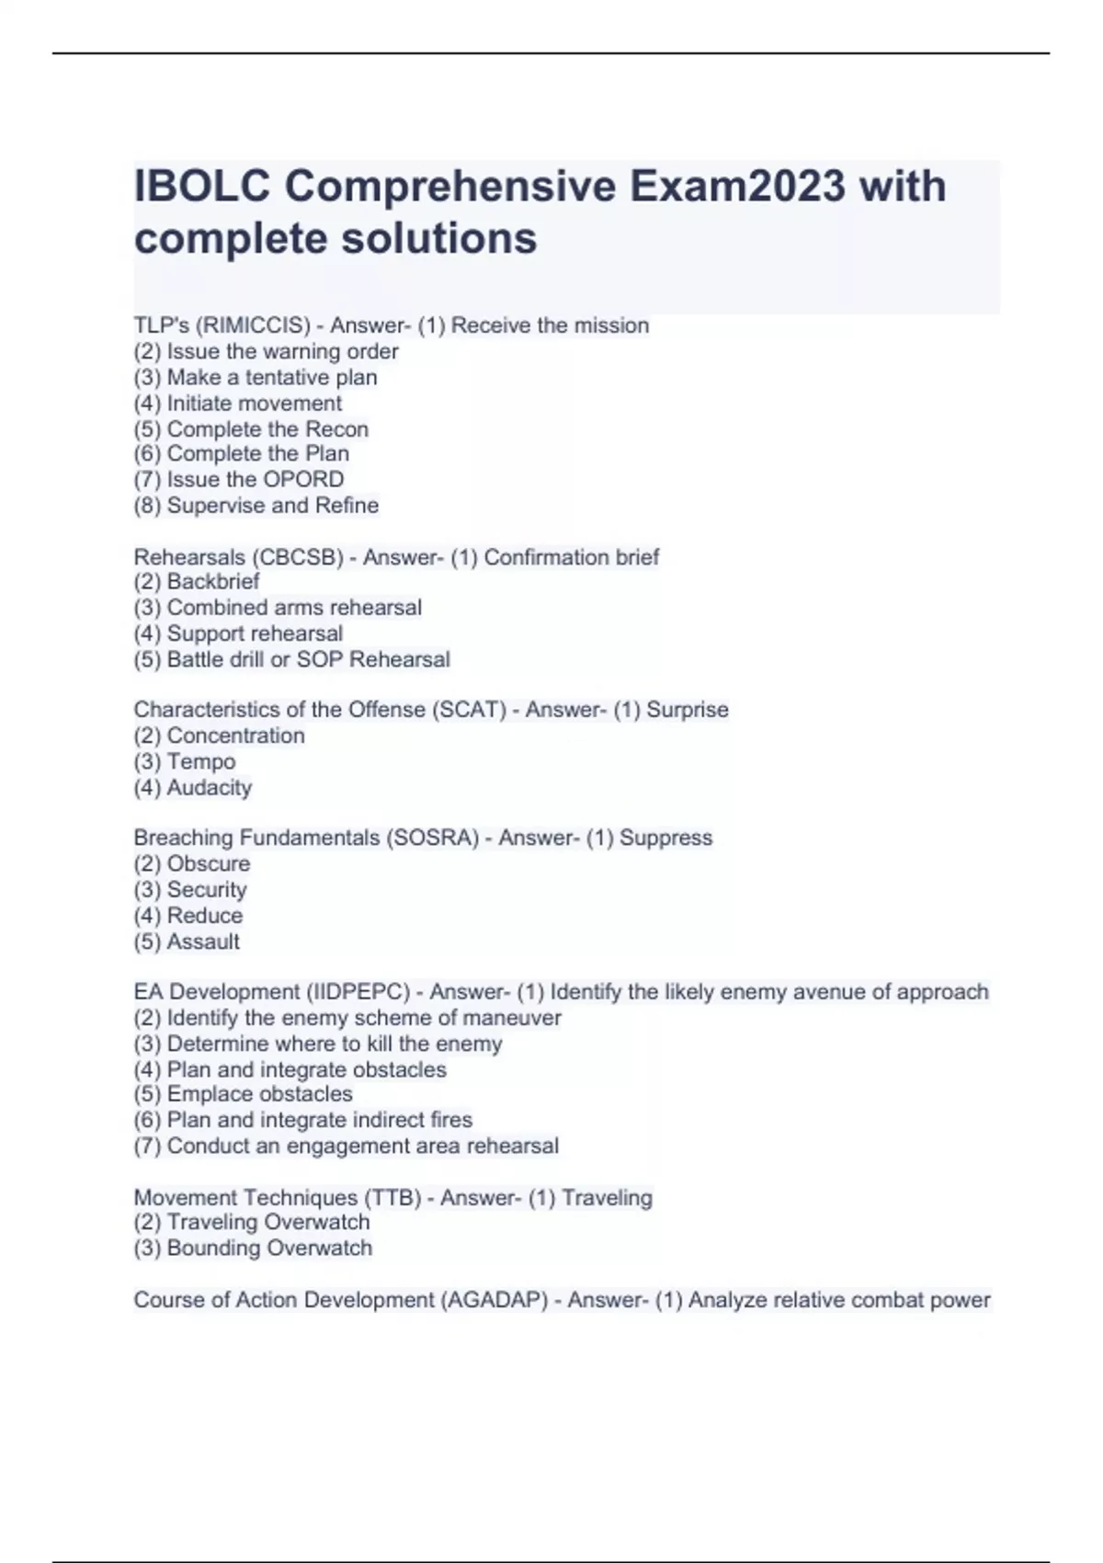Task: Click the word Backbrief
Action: click(213, 581)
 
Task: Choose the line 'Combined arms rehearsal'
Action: click(278, 607)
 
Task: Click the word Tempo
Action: click(201, 761)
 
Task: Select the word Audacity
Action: click(210, 787)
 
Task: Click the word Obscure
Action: click(209, 863)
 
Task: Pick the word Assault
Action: click(203, 941)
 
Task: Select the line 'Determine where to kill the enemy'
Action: click(318, 1044)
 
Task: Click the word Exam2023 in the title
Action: click(737, 187)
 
